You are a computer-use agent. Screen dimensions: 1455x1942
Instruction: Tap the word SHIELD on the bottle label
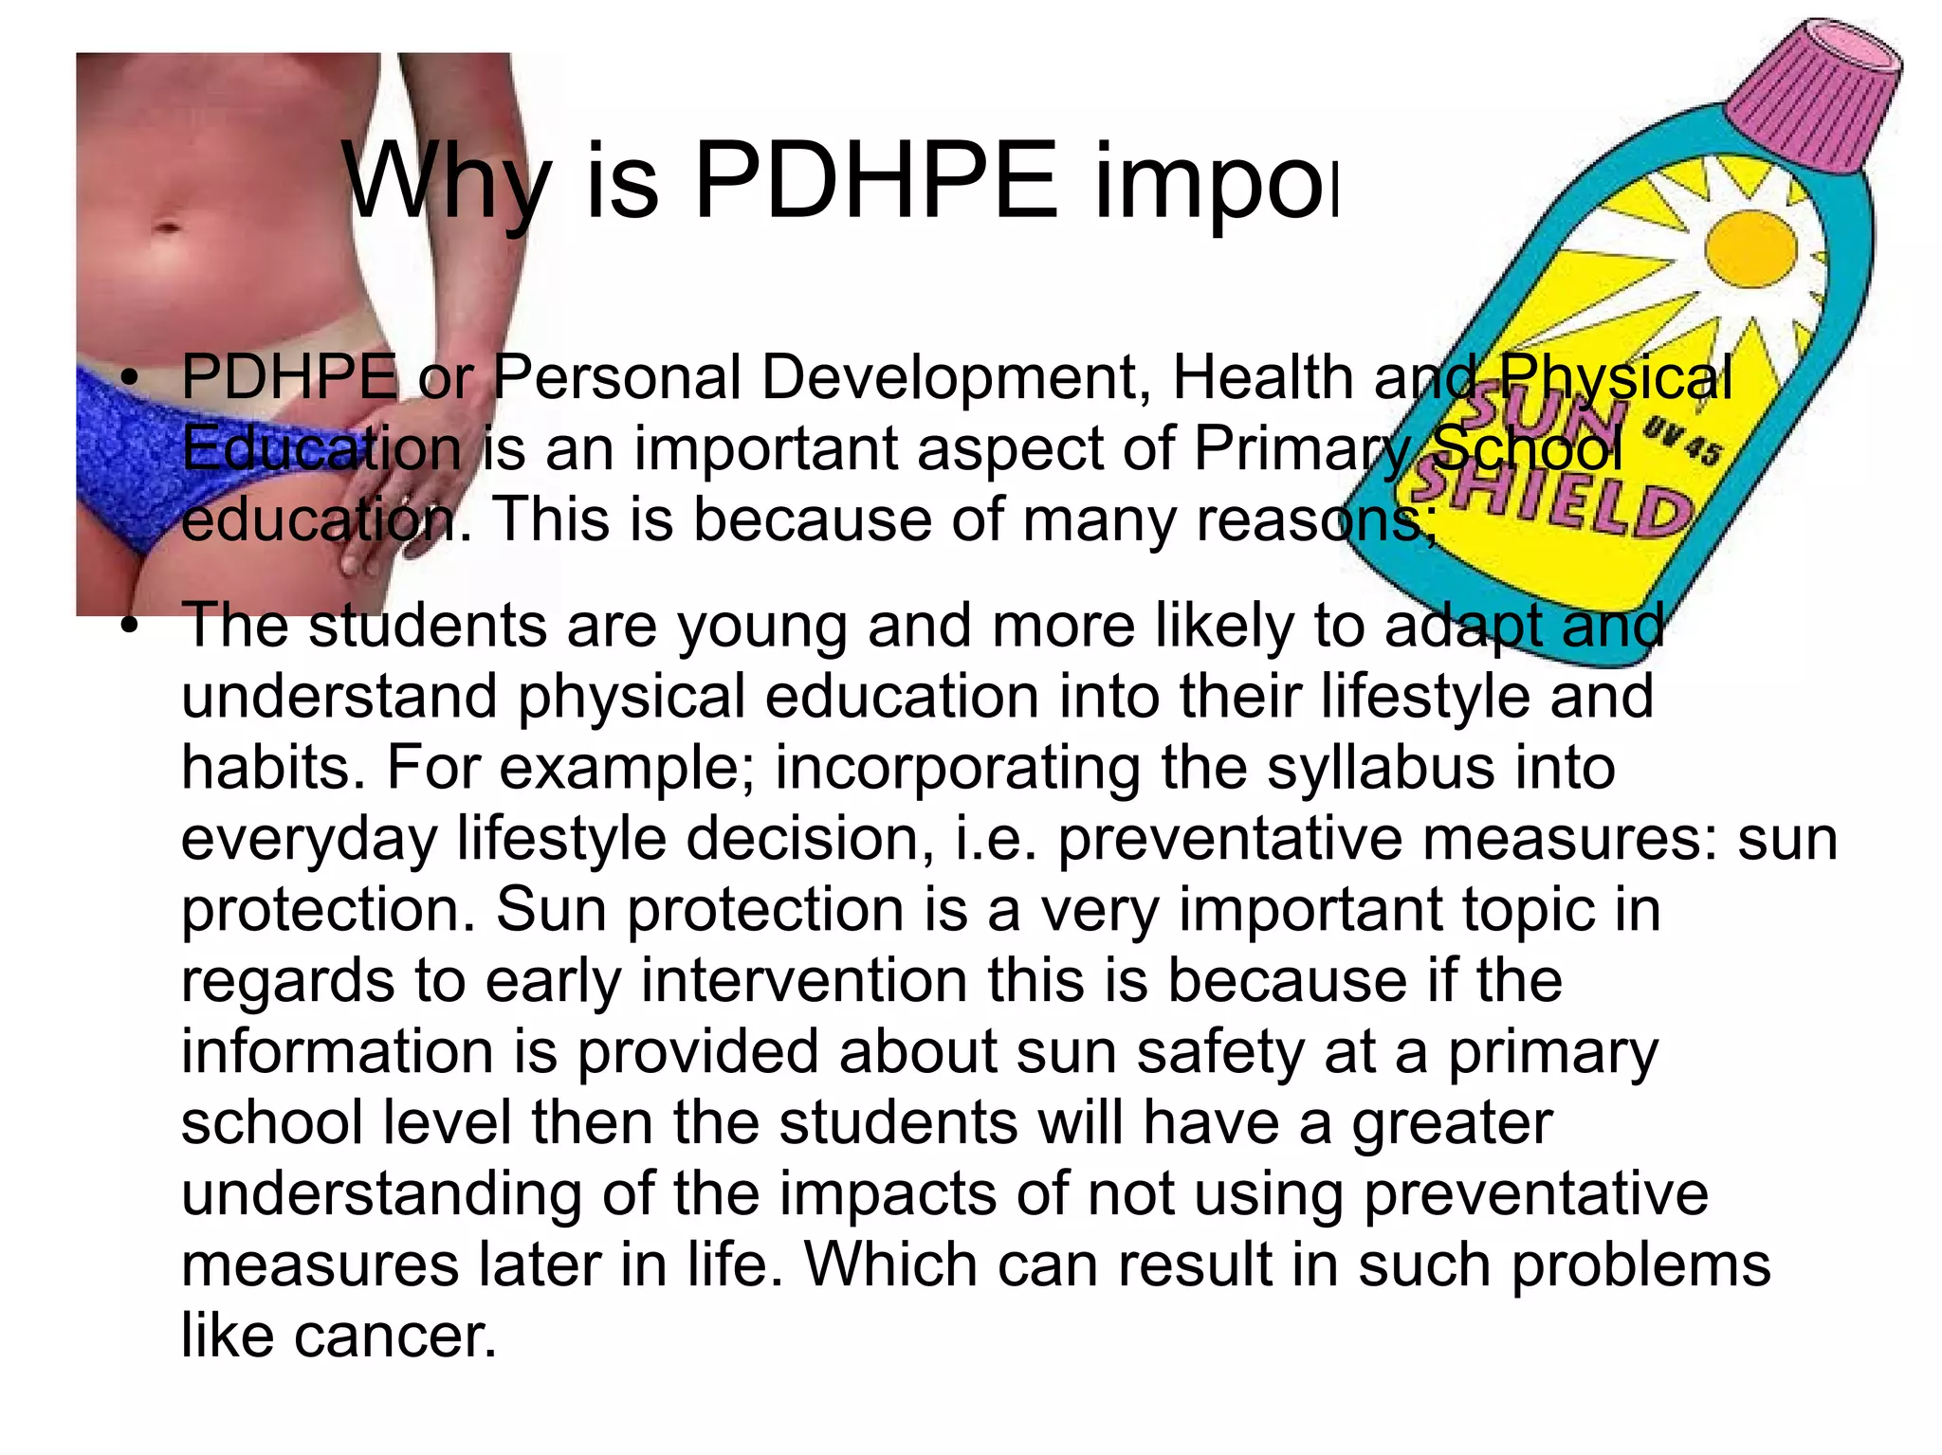click(1555, 503)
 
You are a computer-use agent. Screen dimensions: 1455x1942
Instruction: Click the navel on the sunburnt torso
click(166, 228)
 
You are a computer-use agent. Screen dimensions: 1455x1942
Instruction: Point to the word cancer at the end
click(395, 1336)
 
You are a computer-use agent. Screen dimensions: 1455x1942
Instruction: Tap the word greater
click(1452, 1122)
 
